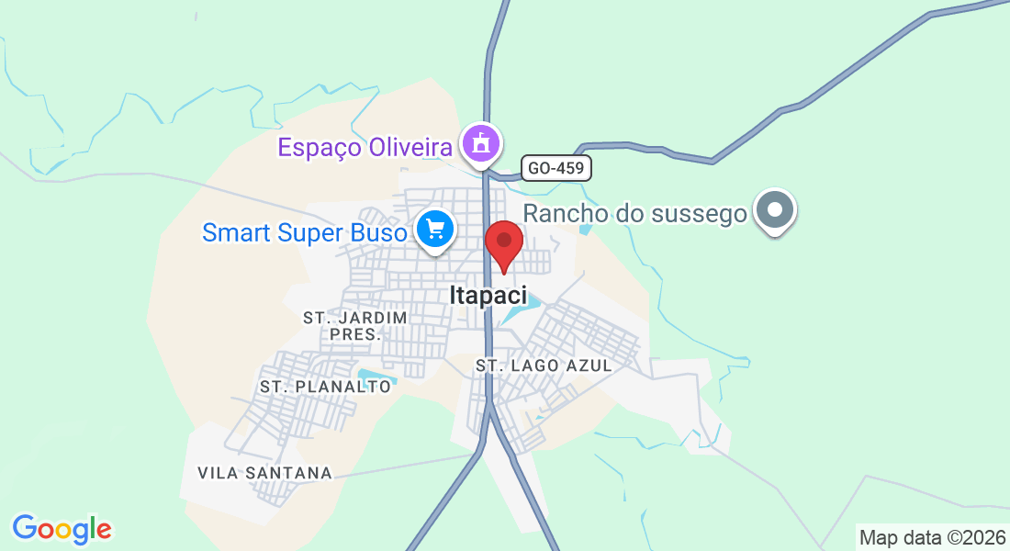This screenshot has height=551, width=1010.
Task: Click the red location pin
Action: point(503,243)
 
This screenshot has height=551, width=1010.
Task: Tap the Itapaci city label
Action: point(488,295)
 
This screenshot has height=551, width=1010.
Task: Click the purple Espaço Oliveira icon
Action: point(479,144)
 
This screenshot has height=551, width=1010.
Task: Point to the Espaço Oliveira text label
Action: point(365,147)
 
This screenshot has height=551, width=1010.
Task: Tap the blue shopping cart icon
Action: point(434,229)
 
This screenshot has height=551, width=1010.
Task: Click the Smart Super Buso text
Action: point(304,233)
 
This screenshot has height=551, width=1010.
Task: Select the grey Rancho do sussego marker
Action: point(775,210)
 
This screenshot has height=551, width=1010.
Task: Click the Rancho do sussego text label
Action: point(635,214)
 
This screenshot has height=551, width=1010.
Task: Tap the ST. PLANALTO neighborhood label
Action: point(326,387)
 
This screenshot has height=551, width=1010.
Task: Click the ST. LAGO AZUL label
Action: point(544,365)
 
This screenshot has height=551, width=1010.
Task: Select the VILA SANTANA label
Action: point(264,473)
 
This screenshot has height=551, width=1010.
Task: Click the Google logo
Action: point(62,529)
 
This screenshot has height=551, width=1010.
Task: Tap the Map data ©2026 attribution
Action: point(932,537)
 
